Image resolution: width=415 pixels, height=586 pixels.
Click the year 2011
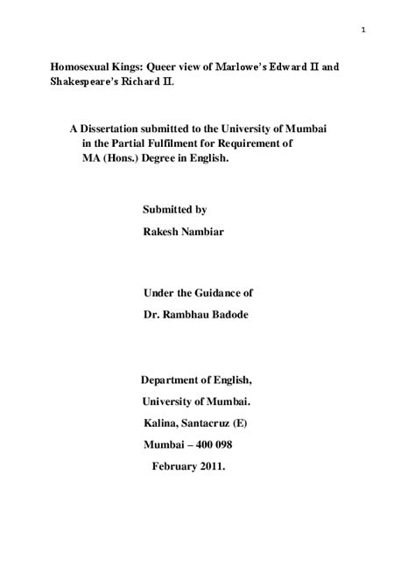pyautogui.click(x=209, y=466)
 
